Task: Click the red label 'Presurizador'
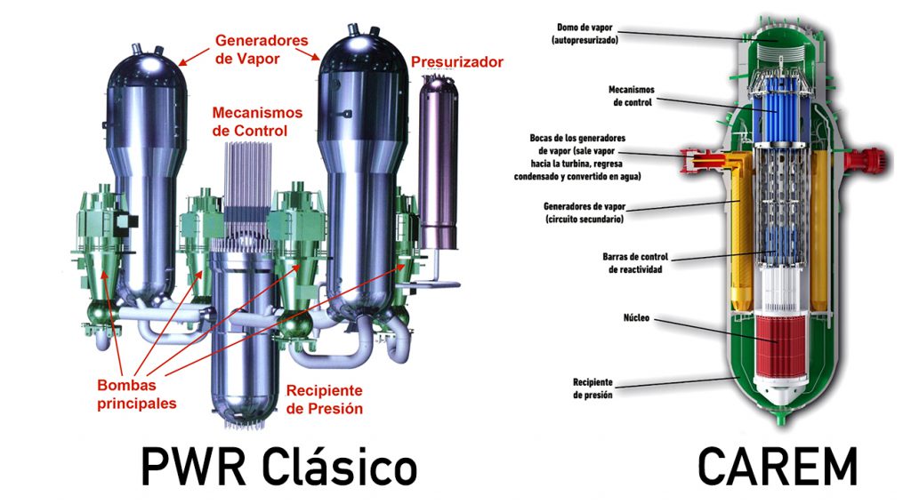457,61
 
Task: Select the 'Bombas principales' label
137,394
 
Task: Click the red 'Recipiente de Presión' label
325,399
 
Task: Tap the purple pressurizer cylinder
437,160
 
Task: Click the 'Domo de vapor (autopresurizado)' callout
587,33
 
